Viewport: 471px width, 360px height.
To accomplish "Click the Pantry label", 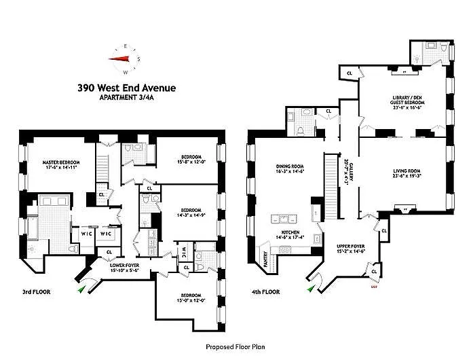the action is (x=265, y=259).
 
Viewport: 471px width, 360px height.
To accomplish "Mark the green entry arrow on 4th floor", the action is (x=311, y=288).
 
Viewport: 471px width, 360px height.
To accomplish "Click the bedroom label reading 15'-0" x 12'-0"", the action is (x=189, y=297).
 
